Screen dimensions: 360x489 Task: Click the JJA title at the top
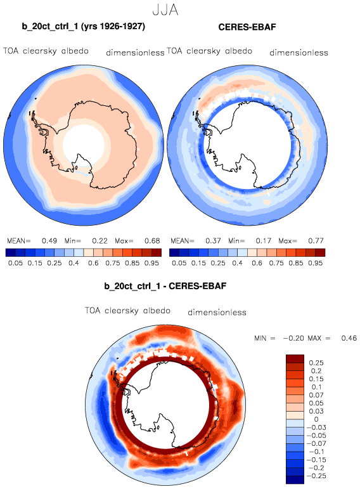tap(165, 10)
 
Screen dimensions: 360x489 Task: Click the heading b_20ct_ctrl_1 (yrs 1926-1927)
tap(84, 27)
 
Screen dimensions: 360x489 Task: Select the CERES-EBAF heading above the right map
tap(247, 27)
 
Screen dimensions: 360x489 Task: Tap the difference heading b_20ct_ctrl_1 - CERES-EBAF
tap(165, 286)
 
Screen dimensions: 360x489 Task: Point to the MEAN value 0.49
tap(49, 241)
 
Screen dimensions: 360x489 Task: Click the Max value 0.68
tap(152, 241)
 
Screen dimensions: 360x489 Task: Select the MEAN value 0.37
tap(213, 241)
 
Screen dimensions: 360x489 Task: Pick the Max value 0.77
tap(316, 241)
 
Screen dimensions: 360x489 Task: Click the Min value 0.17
tap(264, 241)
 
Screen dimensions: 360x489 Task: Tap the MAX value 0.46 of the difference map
tap(349, 338)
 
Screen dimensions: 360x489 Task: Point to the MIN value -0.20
tap(293, 338)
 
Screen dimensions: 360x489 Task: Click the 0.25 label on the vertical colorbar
tap(316, 363)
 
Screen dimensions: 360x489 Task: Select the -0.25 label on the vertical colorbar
tap(316, 476)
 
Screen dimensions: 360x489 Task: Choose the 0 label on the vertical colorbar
tap(316, 419)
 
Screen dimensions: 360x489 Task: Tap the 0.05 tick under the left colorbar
tap(15, 263)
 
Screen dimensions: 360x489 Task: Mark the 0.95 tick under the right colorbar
tap(316, 263)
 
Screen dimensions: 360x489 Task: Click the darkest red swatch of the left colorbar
tap(157, 252)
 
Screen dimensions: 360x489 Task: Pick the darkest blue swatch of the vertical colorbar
tap(295, 479)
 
